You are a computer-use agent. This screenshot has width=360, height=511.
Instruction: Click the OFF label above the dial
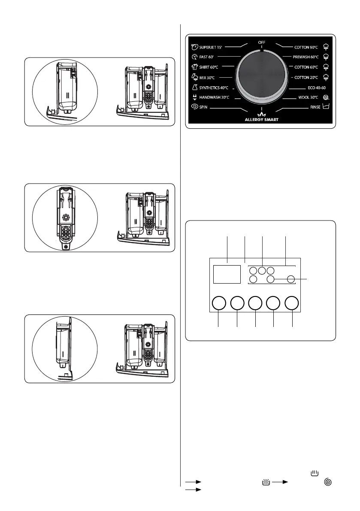coord(261,42)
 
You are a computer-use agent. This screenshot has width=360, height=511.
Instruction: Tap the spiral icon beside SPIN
coord(194,108)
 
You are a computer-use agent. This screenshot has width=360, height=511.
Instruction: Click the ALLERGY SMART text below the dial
coord(261,120)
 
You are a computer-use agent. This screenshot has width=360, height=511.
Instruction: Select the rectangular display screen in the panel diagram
coord(227,274)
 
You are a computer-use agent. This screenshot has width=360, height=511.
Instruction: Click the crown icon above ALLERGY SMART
coord(261,114)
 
